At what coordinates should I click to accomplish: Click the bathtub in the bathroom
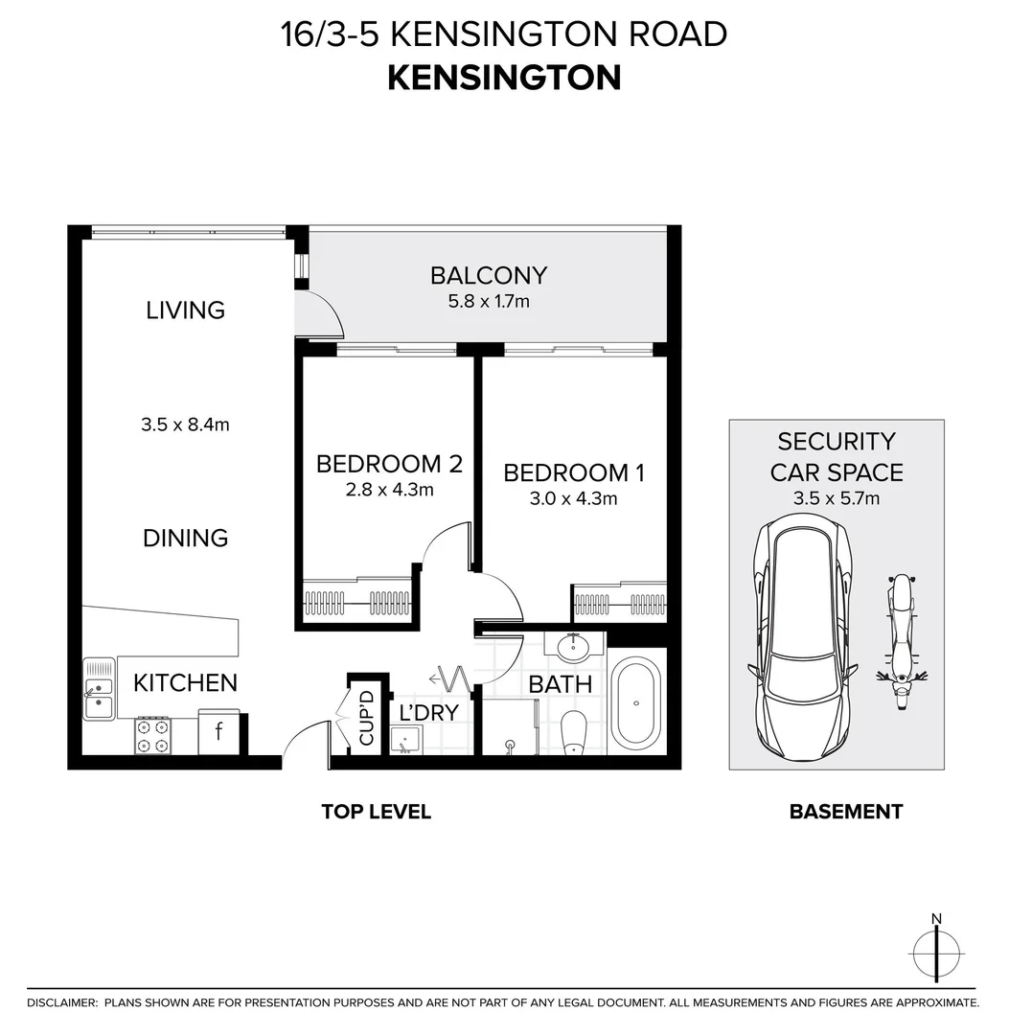coord(635,701)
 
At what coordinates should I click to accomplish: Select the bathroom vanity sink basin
coord(574,648)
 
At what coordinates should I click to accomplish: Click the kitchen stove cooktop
coord(151,735)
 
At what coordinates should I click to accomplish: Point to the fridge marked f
coord(218,732)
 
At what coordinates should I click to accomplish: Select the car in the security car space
coord(802,640)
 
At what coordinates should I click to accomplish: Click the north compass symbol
coord(936,953)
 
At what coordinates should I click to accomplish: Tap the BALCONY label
coord(488,276)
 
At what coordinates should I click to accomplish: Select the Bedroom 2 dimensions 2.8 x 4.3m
coord(389,490)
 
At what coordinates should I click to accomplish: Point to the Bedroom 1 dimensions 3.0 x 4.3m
coord(573,498)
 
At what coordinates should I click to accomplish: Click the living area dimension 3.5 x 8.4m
coord(185,424)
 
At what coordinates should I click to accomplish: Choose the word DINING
coord(185,538)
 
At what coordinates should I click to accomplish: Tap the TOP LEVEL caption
coord(376,812)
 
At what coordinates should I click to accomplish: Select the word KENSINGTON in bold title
coord(504,78)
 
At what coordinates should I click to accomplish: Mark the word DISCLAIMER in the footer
coord(62,1002)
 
